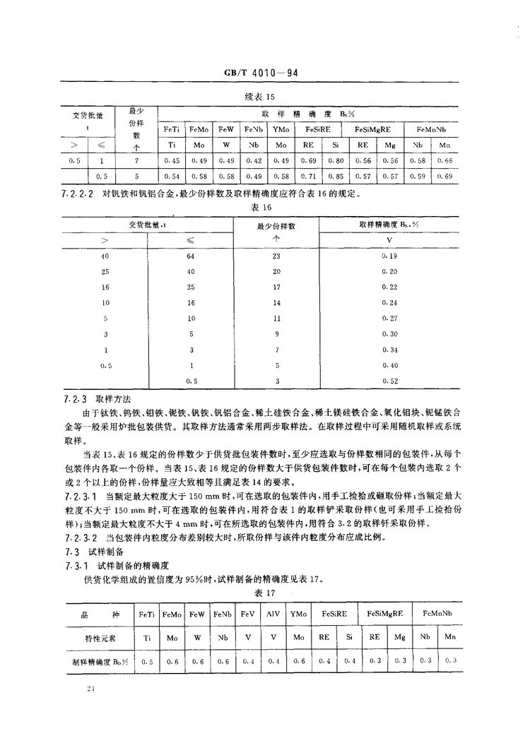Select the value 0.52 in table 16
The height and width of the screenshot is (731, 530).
389,381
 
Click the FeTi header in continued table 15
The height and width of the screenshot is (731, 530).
171,130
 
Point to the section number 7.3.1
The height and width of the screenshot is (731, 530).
71,567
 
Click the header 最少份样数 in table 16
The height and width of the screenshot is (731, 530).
276,225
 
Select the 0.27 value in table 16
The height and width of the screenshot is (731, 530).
389,319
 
